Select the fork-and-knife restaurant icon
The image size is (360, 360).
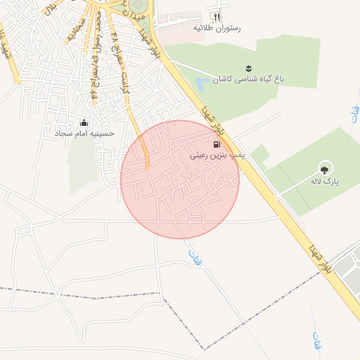tap(217, 16)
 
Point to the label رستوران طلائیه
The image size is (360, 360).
tap(217, 29)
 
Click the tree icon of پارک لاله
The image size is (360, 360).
tap(324, 167)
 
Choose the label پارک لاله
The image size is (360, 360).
tap(326, 181)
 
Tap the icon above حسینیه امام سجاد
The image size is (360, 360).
tap(85, 122)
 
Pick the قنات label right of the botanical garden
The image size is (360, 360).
tap(353, 112)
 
